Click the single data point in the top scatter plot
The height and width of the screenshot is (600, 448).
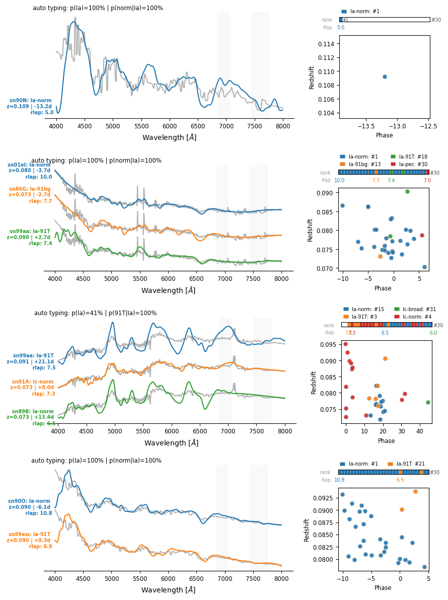click(385, 77)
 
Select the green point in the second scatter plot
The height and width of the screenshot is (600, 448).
click(407, 191)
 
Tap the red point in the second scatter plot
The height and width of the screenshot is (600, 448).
click(422, 235)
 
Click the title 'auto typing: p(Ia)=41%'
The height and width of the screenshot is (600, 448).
click(95, 313)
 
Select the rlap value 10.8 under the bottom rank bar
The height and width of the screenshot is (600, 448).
click(339, 480)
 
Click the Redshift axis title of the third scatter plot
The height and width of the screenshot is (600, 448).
click(314, 382)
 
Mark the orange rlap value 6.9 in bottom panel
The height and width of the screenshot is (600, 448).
click(400, 480)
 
